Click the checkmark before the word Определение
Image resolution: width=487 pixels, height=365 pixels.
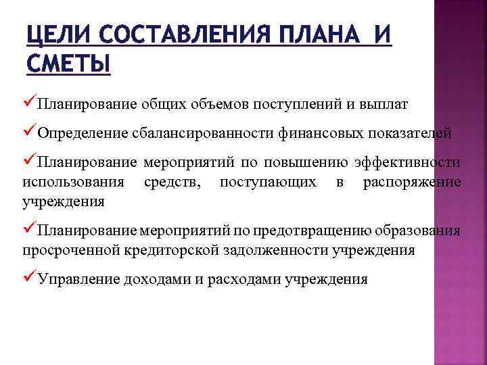[x=29, y=132]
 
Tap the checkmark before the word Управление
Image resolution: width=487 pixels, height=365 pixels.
[x=29, y=278]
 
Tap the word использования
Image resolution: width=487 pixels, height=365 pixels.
[x=73, y=182]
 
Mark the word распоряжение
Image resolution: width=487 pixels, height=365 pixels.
[x=412, y=182]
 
